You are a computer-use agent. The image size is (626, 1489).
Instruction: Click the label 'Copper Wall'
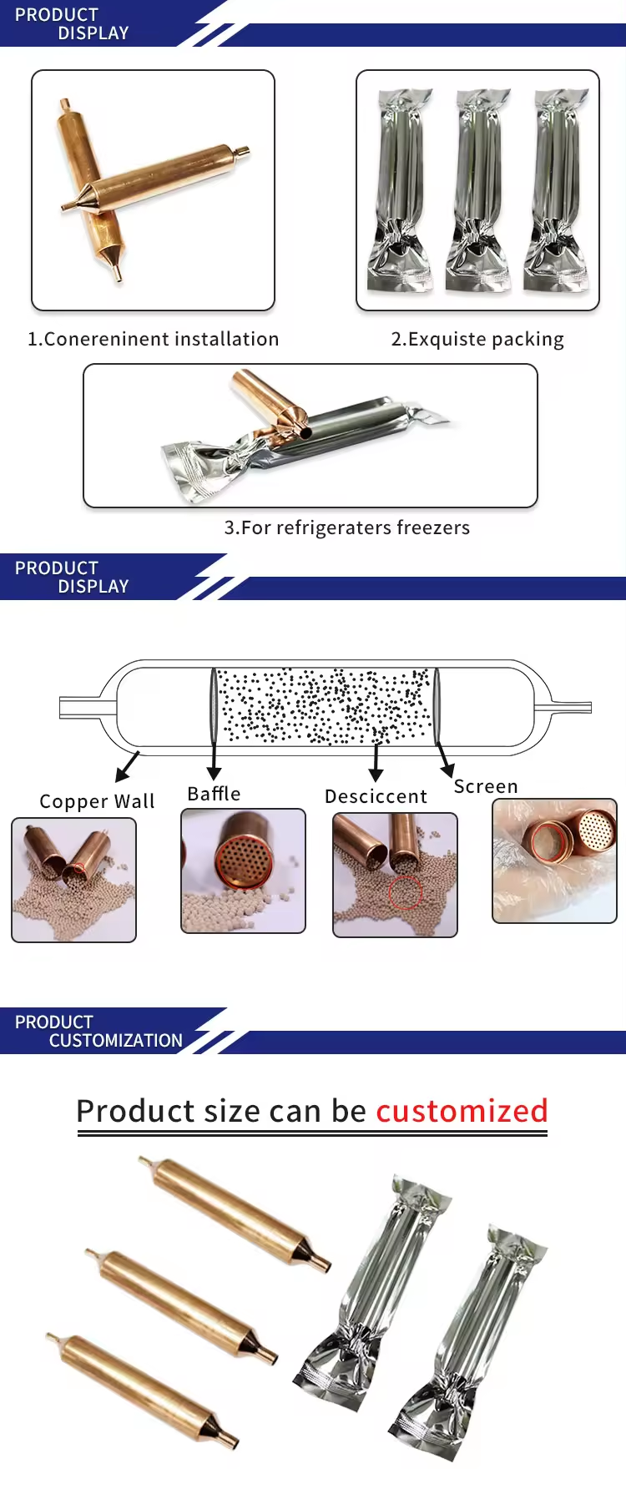97,801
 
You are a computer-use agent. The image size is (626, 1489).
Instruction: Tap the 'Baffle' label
214,794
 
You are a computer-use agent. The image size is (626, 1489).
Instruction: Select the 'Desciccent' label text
376,796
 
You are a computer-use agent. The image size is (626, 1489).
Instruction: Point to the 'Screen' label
486,786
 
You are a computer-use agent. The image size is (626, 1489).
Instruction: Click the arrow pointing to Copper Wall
127,765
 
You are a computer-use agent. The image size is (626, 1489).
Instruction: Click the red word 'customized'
462,1111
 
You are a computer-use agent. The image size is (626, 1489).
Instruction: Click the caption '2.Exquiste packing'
477,339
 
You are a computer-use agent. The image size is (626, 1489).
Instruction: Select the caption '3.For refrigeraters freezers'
346,527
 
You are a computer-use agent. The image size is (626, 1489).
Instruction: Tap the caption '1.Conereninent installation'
153,339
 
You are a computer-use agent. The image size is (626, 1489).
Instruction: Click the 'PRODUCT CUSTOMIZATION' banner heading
98,1032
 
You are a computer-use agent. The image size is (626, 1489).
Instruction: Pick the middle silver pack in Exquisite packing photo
478,190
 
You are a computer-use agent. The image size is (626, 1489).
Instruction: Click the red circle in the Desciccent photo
406,892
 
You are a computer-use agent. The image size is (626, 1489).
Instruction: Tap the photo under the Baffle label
244,871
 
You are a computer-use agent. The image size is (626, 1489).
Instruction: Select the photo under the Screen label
554,861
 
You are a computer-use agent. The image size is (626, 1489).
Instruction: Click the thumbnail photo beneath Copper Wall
73,880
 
